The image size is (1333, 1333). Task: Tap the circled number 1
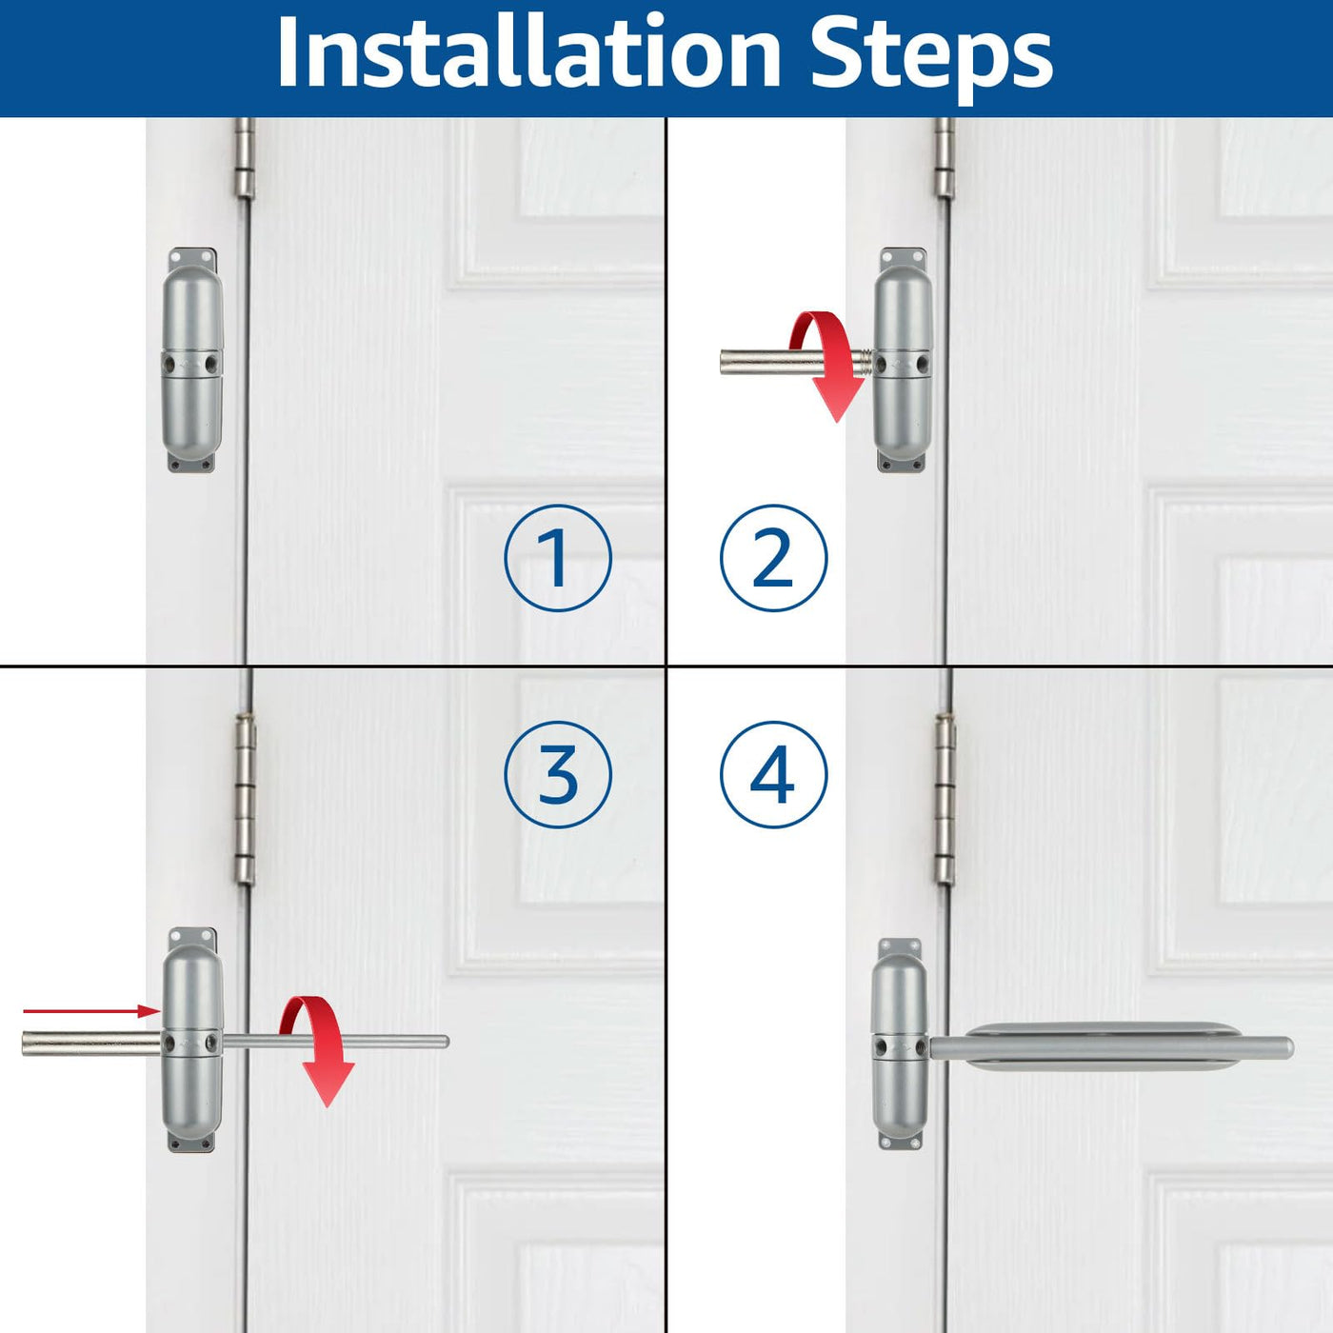[558, 558]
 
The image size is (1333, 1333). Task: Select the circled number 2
[773, 558]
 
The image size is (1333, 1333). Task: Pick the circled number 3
[558, 773]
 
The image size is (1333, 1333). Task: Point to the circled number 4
[773, 773]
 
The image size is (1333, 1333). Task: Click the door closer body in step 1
[192, 361]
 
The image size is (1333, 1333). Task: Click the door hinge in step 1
[244, 158]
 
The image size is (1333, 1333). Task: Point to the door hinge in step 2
[945, 157]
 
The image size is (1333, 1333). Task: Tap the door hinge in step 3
[246, 800]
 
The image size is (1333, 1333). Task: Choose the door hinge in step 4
[945, 800]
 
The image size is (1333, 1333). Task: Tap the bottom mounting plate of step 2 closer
[902, 462]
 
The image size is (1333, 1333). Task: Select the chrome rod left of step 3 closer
[92, 1044]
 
